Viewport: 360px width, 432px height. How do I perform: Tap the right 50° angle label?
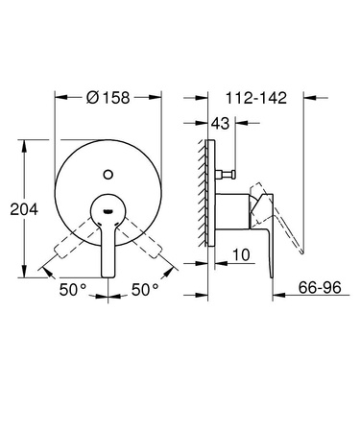pyautogui.click(x=147, y=287)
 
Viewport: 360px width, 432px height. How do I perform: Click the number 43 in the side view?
pyautogui.click(x=221, y=123)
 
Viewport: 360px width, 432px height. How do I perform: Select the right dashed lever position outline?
pyautogui.click(x=153, y=239)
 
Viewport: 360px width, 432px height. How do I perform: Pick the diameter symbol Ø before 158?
pyautogui.click(x=92, y=96)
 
